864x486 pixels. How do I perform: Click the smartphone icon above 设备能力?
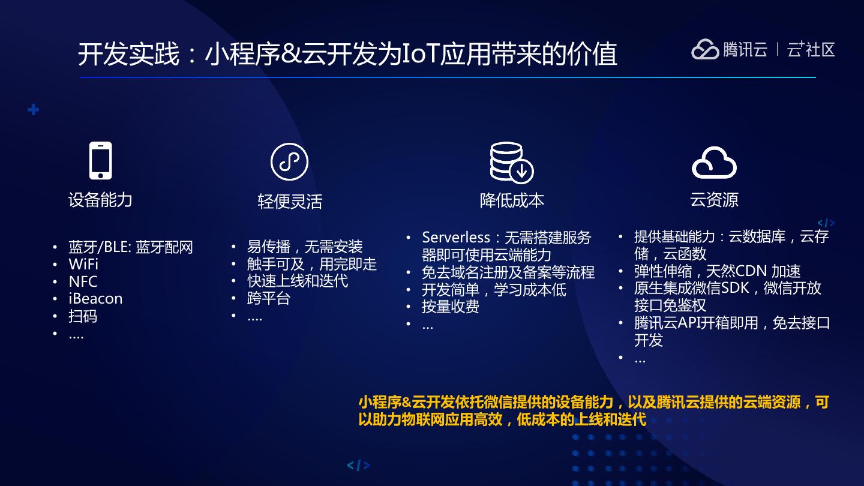click(100, 161)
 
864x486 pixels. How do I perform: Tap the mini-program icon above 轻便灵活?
click(289, 161)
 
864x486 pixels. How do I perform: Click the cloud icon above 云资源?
click(714, 162)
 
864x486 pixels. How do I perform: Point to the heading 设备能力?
click(100, 200)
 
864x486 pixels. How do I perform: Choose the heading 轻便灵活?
click(290, 202)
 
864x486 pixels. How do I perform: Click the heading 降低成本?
click(512, 200)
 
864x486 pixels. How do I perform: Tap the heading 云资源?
click(714, 200)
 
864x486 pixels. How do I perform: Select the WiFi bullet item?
click(83, 265)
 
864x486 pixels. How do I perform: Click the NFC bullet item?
click(83, 282)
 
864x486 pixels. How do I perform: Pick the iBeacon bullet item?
click(95, 299)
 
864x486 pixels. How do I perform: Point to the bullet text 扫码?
click(83, 316)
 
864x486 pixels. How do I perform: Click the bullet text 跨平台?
click(269, 298)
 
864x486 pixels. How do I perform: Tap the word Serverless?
click(456, 238)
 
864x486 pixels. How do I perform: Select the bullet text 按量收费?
click(451, 307)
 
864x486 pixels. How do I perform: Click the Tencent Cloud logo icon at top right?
click(705, 49)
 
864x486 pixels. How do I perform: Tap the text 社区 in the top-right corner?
click(820, 49)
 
